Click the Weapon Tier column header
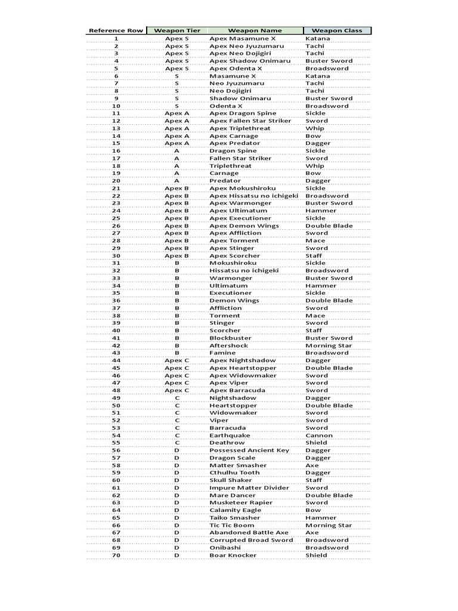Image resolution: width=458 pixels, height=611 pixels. point(177,30)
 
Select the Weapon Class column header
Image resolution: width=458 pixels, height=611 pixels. point(337,30)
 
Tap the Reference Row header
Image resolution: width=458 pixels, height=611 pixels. point(116,30)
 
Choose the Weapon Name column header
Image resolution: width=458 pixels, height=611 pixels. point(255,30)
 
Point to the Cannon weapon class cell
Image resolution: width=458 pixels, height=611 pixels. point(320,436)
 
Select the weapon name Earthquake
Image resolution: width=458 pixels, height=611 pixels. point(230,436)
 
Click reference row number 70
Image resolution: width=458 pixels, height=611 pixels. point(116,556)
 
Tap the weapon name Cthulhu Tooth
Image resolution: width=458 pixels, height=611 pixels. point(234,473)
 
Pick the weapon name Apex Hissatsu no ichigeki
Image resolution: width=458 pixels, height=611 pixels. point(253,196)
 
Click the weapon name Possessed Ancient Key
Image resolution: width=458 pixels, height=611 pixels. point(249,450)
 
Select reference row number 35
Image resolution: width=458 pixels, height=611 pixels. point(116,293)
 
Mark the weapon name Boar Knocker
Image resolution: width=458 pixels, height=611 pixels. point(233,556)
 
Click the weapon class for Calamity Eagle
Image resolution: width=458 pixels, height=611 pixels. point(313,511)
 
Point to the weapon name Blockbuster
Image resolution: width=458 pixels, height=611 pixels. point(229,338)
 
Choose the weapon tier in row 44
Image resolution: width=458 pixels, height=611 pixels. point(177,360)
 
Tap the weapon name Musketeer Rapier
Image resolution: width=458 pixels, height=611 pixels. point(241,503)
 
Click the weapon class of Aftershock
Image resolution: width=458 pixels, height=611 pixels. point(329,345)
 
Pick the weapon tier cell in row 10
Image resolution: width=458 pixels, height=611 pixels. point(177,106)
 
